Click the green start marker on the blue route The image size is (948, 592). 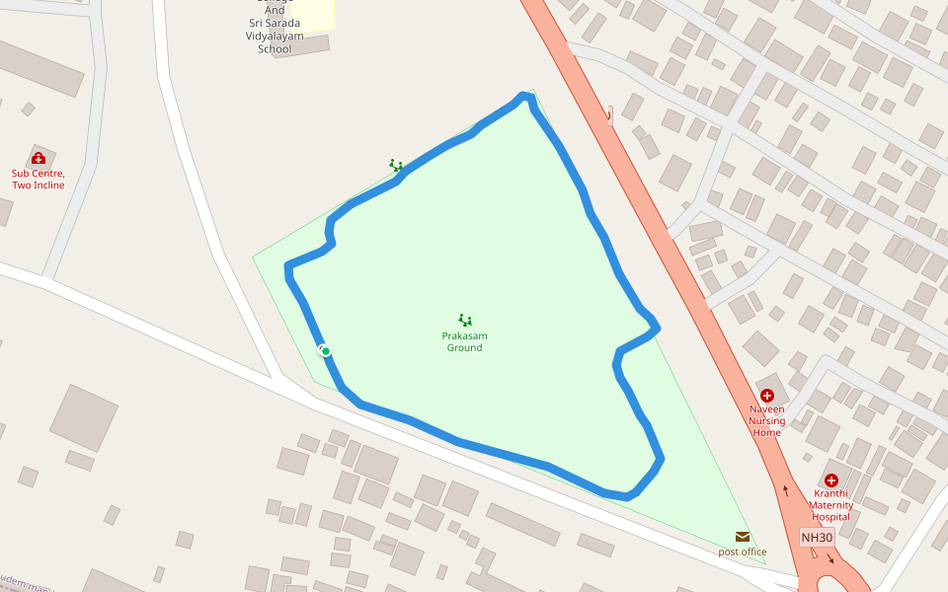coord(325,351)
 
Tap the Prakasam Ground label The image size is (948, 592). coord(464,341)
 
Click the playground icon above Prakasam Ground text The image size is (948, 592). coord(464,320)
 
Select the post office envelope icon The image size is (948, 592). coord(742,537)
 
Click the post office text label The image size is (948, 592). coord(742,552)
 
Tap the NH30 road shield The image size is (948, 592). coord(817,538)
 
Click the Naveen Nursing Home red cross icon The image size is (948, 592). coord(766,396)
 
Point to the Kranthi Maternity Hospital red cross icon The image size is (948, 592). coord(830,481)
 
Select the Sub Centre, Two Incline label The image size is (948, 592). coord(39,179)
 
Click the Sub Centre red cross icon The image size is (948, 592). coord(39,158)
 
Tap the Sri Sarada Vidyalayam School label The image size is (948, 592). coord(275,37)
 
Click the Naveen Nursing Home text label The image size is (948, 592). coord(766,420)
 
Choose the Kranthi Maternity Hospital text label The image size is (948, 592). coord(830,504)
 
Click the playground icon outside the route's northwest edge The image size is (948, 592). coord(395,165)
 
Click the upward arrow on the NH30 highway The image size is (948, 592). coord(786,489)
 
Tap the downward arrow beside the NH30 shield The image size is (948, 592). coord(829,558)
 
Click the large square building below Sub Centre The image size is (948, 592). coord(84,417)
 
